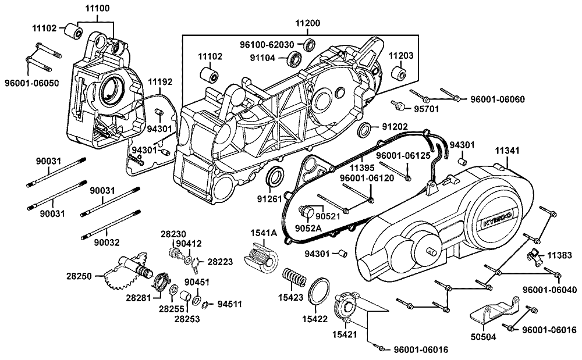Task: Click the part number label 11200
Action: pos(308,23)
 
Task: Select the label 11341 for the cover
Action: pos(508,151)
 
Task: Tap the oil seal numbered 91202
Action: pos(364,129)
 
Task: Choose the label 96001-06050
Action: pos(32,83)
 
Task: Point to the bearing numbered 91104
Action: pos(296,58)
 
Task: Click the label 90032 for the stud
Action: pos(107,243)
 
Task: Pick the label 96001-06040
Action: pos(550,290)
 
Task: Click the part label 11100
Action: pos(98,8)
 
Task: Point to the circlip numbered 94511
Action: pos(204,305)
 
